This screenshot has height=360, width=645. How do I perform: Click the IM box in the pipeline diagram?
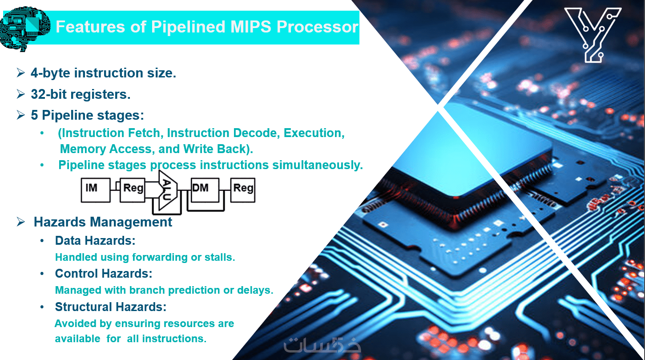95,190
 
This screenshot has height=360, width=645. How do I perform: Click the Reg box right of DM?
243,190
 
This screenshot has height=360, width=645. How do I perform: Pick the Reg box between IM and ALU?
133,190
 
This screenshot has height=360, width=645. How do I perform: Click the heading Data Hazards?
95,241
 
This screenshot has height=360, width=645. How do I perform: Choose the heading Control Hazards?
104,273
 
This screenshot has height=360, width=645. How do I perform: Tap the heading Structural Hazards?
111,307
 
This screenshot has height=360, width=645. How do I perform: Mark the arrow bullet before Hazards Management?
20,222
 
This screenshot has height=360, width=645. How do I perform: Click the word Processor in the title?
317,27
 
